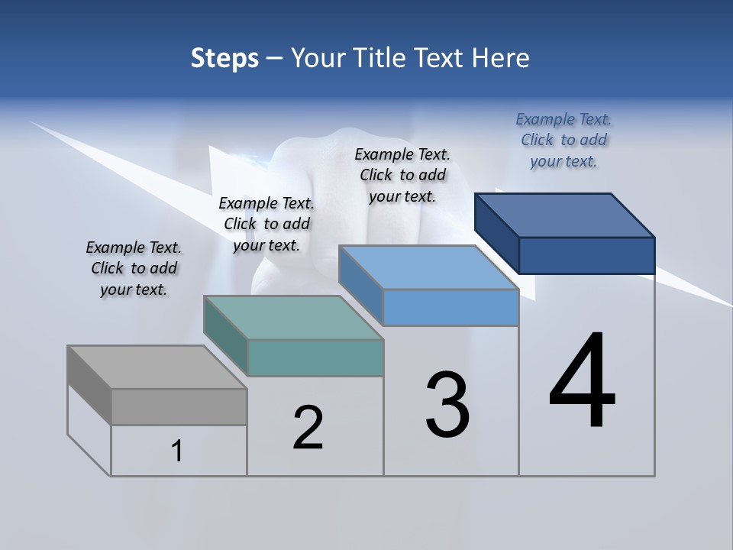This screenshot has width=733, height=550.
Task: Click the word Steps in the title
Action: click(224, 58)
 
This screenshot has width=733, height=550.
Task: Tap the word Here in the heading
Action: click(501, 58)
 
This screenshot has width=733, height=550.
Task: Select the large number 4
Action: click(582, 381)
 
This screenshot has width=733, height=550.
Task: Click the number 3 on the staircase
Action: click(447, 405)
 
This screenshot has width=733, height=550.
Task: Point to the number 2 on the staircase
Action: click(308, 428)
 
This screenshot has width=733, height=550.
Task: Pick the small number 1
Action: click(177, 451)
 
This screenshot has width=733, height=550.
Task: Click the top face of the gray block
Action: click(157, 367)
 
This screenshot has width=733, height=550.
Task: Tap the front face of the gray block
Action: click(179, 406)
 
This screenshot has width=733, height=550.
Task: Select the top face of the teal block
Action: click(293, 318)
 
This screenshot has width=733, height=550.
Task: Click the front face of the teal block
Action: click(315, 357)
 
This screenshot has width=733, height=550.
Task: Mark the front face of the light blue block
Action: click(450, 307)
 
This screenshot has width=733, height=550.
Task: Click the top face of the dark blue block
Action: click(565, 215)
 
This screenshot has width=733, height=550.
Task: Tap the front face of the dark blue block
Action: click(586, 255)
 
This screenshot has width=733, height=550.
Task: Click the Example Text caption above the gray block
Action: click(134, 268)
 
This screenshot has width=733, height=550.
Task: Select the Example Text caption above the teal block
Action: click(266, 224)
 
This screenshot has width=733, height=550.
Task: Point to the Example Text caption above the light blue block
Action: click(402, 175)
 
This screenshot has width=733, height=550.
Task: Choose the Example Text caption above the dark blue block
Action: click(563, 140)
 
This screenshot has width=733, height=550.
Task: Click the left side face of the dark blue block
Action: click(496, 232)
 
